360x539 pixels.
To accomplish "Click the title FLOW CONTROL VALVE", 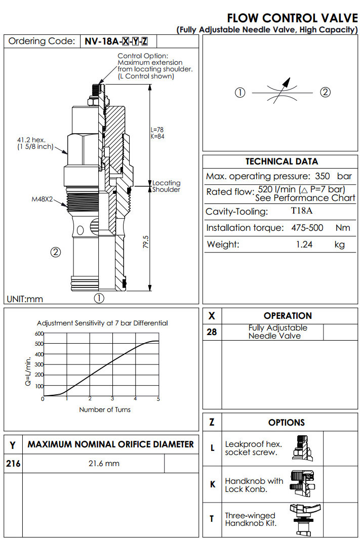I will tap(293, 18).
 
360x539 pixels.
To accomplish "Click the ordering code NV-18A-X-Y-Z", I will tap(119, 42).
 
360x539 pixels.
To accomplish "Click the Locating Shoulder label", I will tap(167, 186).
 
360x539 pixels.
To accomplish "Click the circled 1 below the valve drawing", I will tap(100, 298).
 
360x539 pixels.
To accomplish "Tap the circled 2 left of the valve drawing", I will tap(56, 252).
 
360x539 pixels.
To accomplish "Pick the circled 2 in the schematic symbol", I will tap(326, 92).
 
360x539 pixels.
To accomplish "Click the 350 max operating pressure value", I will tap(322, 177).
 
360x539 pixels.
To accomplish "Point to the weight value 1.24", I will tap(304, 244).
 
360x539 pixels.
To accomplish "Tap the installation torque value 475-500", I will tap(307, 228).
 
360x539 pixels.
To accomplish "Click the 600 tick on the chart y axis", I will tap(39, 334).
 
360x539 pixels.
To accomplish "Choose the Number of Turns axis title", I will tap(104, 409).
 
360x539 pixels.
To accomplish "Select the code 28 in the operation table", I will tap(212, 333).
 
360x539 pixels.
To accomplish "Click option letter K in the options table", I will tap(213, 484).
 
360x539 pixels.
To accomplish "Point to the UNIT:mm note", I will tap(25, 299).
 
